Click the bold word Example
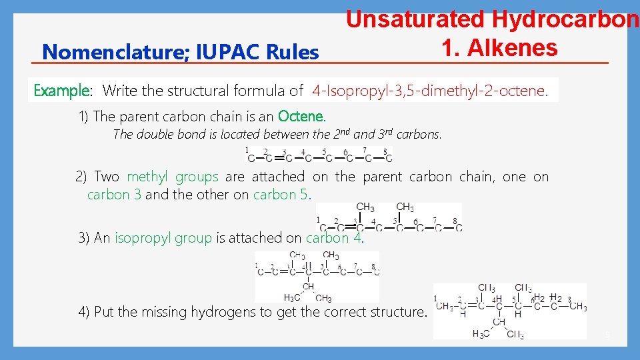click(61, 90)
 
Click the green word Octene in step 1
click(301, 116)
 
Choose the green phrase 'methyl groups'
click(172, 177)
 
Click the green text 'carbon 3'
click(114, 195)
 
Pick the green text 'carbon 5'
click(281, 195)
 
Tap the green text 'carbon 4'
click(334, 238)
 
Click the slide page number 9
click(607, 334)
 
